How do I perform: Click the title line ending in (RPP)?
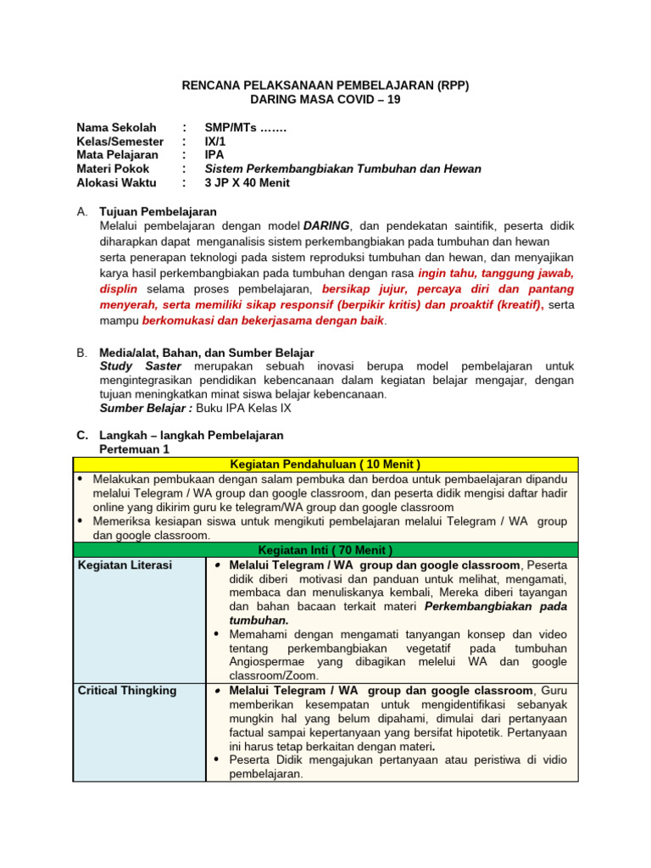[325, 86]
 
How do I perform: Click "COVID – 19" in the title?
[364, 99]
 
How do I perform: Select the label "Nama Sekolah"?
[116, 128]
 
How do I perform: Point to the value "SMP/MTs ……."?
[246, 128]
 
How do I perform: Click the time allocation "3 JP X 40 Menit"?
[247, 182]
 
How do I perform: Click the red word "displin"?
[120, 289]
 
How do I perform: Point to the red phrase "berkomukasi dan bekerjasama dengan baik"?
[263, 321]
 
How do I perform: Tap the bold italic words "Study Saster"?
[140, 365]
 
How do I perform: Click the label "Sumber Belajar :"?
[146, 408]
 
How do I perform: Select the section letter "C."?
[82, 435]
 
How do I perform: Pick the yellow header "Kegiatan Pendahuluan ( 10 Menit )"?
[325, 464]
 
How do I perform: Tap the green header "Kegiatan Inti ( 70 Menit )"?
[325, 550]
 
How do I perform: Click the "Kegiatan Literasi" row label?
[125, 565]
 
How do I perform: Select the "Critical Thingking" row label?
[127, 691]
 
